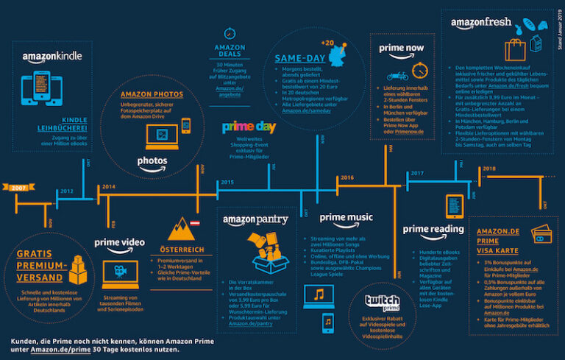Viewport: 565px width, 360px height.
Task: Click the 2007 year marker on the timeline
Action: tap(21, 188)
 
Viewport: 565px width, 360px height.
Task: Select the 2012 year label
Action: tap(66, 192)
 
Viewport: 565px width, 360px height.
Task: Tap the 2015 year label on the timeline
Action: tap(226, 181)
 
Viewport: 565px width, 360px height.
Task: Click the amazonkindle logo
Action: tap(51, 57)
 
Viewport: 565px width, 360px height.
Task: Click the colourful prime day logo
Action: tap(248, 127)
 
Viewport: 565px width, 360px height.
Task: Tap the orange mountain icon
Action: tap(181, 233)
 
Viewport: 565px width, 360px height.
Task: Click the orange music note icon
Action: tap(319, 294)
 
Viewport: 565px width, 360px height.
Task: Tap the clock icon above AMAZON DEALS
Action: tap(230, 34)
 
